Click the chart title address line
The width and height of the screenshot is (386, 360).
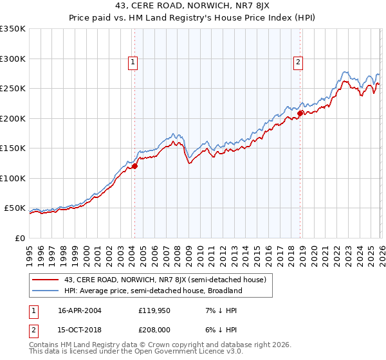pos(193,6)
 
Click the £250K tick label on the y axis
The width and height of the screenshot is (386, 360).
pos(13,89)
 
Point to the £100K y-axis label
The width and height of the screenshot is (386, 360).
pos(13,178)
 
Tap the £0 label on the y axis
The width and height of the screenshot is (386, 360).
pos(20,238)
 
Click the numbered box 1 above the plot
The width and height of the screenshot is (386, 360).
pos(133,62)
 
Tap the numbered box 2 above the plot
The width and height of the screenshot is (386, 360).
pos(299,62)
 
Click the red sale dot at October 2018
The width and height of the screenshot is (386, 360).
pos(300,114)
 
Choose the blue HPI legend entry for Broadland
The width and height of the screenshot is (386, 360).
pos(153,291)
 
